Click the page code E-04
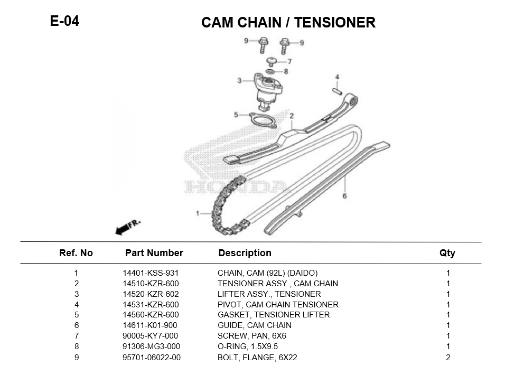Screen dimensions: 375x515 64,21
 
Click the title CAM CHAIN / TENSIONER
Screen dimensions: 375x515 288,23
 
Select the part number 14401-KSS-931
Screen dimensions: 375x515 151,273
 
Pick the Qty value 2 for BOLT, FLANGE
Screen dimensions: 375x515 447,357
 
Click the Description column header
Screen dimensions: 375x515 245,253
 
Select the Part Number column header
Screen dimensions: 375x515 154,253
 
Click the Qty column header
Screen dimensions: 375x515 447,253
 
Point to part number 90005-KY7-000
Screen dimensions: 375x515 150,336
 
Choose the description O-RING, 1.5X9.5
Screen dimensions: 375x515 247,346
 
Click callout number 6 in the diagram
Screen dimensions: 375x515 344,196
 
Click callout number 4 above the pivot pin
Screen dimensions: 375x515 336,78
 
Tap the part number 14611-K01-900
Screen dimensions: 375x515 150,325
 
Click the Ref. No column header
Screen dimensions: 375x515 76,253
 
